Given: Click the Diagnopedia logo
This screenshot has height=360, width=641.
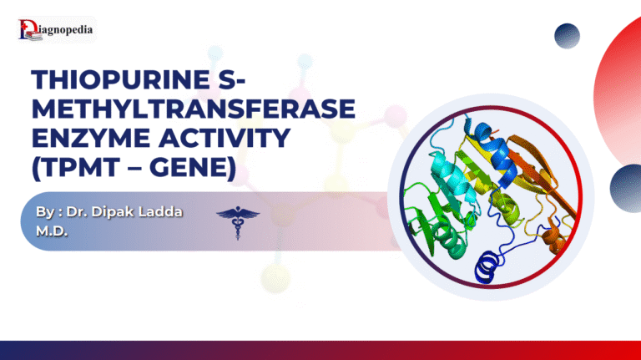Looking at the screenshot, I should click(55, 32).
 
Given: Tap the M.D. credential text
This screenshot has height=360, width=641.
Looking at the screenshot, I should click(50, 230).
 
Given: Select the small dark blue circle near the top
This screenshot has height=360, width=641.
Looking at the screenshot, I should click(567, 36).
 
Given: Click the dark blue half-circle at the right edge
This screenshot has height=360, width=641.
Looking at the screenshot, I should click(628, 187).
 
